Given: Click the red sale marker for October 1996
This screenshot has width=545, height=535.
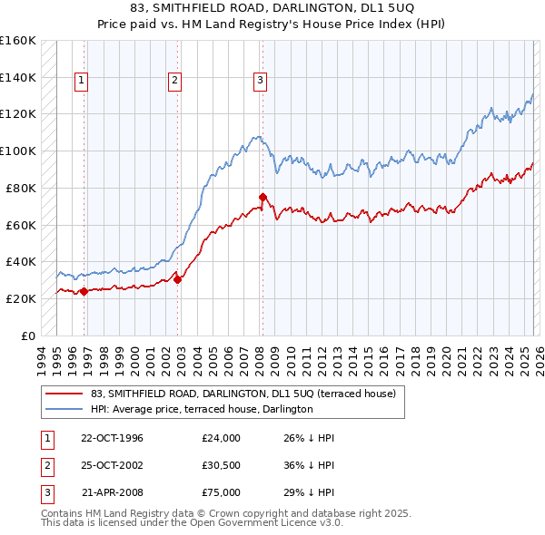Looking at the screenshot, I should click(x=84, y=291).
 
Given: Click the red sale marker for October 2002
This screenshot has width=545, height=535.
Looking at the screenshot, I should click(x=177, y=279).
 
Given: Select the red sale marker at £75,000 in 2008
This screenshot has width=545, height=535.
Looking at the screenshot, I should click(x=263, y=197).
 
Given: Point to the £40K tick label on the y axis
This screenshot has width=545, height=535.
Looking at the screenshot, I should click(x=20, y=261).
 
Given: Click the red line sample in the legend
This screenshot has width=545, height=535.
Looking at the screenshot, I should click(x=64, y=394).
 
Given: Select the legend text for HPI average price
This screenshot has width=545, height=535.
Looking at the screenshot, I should click(x=201, y=410).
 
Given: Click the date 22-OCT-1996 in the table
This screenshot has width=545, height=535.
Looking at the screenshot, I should click(x=112, y=438).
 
